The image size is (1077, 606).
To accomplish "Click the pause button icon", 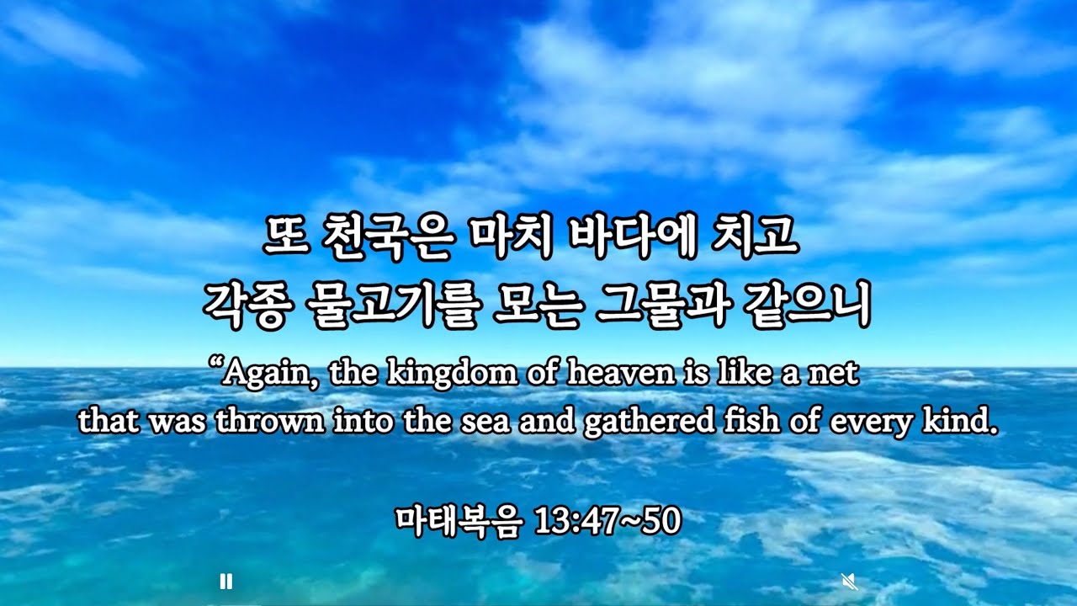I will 225,581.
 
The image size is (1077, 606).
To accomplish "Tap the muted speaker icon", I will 849,581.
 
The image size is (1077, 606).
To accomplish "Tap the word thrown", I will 270,421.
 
